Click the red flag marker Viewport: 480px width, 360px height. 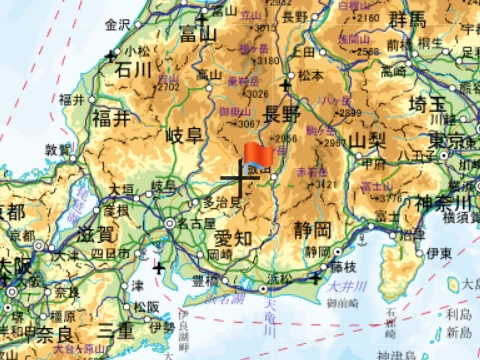tap(257, 155)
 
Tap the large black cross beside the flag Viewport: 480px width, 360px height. tap(236, 182)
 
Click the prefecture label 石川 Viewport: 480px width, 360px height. tap(132, 69)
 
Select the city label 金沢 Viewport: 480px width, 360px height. tap(117, 24)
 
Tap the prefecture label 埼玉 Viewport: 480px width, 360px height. tap(431, 102)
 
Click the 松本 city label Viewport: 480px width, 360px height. tap(309, 73)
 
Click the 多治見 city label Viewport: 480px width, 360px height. tap(223, 201)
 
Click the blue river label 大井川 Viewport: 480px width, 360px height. tap(341, 287)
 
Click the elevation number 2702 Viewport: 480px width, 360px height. tap(167, 87)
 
